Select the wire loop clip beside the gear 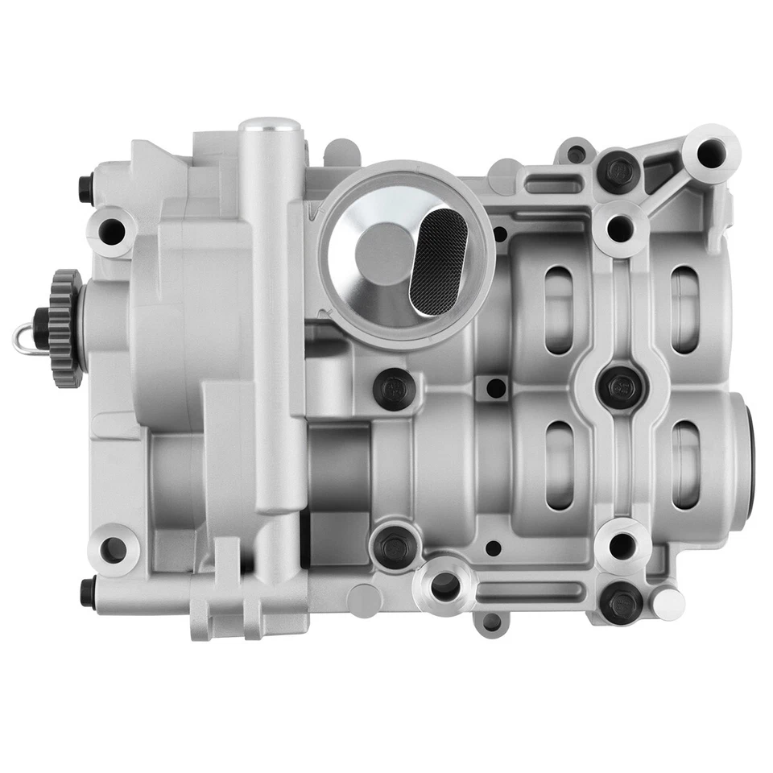(23, 338)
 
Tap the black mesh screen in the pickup (438, 258)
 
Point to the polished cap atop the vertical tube (270, 127)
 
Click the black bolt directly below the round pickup (395, 389)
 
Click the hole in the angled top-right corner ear (710, 152)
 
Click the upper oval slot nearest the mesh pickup (560, 309)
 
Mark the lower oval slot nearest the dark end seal (685, 465)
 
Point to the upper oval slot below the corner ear (685, 309)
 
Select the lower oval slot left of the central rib (560, 465)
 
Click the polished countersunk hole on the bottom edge (444, 586)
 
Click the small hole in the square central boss (496, 387)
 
